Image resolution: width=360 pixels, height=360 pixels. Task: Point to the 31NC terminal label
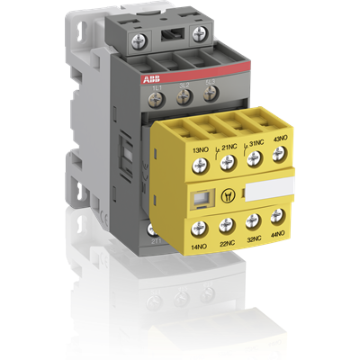click(x=254, y=141)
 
